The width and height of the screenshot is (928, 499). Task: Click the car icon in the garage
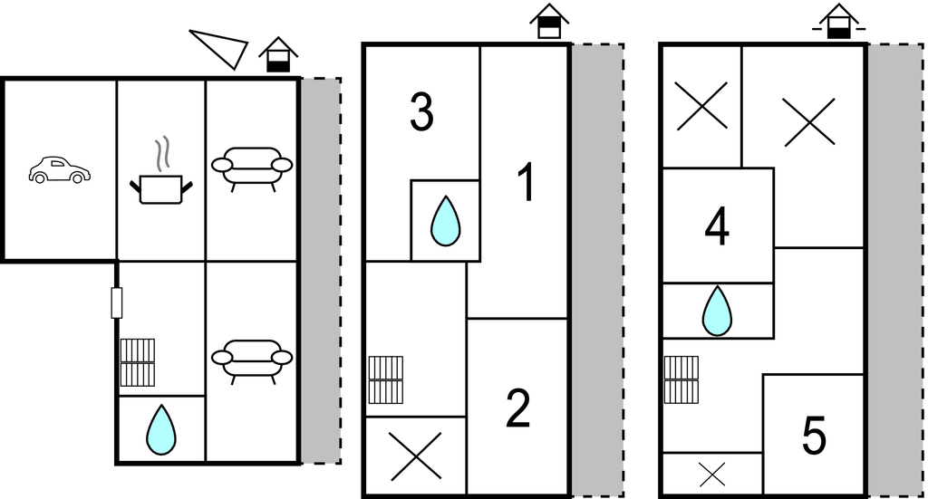point(59,170)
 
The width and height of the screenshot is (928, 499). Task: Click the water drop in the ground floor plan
point(161,429)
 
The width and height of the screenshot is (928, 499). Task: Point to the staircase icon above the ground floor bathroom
point(138,362)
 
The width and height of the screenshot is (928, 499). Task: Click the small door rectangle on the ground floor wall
point(117,302)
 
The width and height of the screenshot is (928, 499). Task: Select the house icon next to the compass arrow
point(278,55)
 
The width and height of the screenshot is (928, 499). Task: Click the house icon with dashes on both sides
point(838,22)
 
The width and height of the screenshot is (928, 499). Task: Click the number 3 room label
point(421,111)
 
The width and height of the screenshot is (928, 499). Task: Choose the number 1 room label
point(527,182)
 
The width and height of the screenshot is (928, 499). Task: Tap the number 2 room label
point(517,408)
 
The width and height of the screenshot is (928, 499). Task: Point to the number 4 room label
point(717,227)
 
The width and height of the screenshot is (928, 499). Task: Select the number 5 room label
point(814,436)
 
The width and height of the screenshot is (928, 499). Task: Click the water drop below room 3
point(445,221)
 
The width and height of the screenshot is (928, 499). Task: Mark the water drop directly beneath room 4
point(717,311)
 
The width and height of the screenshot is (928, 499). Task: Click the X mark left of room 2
point(415,456)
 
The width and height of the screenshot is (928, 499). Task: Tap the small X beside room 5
point(712,475)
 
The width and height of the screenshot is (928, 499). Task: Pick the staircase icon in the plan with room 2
point(386,379)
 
